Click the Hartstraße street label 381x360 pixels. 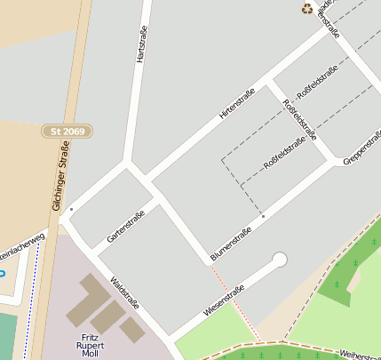140,44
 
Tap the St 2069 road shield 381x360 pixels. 67,131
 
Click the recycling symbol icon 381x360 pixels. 307,9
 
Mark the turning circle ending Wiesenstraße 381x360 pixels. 280,260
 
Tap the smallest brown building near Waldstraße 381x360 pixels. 132,330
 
